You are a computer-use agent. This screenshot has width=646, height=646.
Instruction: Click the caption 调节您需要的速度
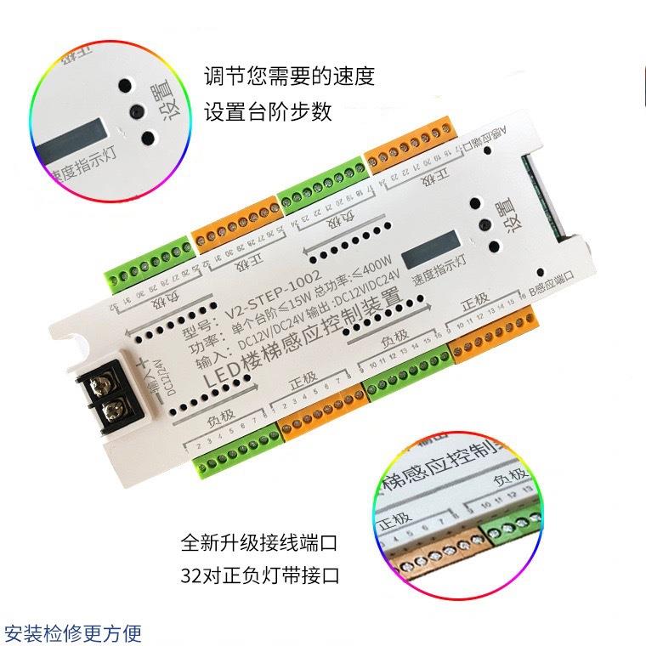[289, 77]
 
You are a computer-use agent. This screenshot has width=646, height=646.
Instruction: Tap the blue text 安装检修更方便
[73, 633]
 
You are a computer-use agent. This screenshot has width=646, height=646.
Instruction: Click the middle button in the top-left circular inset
[133, 110]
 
